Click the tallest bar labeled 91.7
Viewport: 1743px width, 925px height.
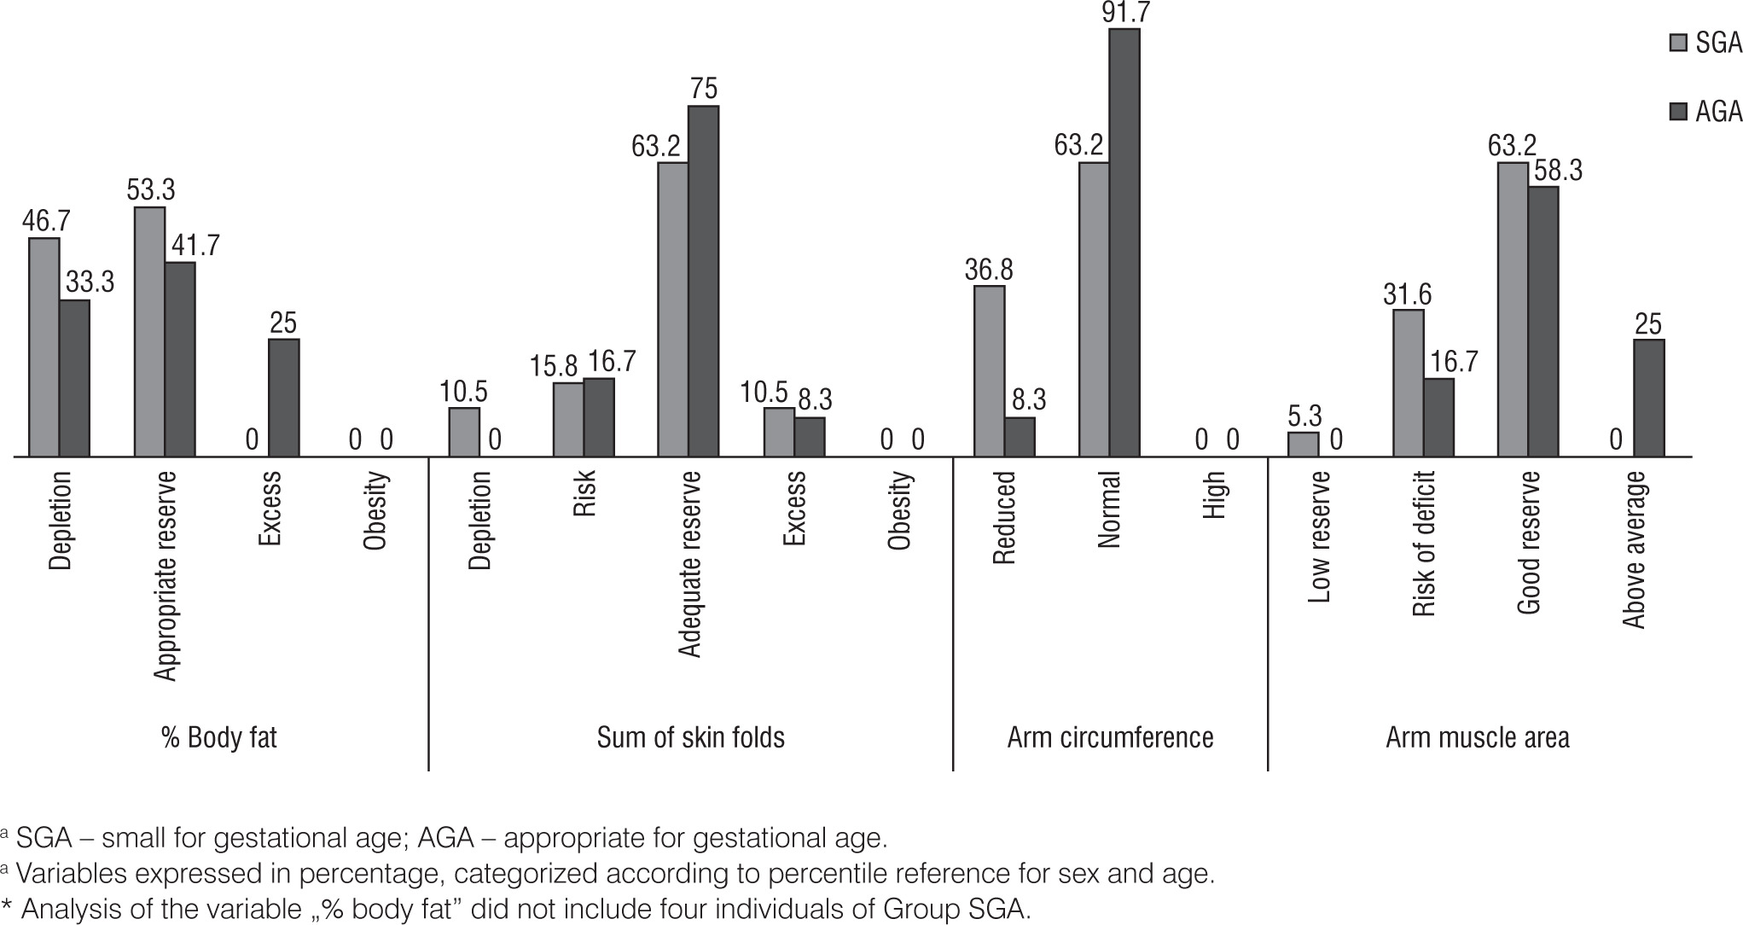(1124, 243)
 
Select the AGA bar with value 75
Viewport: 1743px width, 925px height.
(703, 282)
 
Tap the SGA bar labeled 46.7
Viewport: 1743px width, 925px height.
(44, 347)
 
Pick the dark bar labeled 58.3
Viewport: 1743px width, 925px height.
(1543, 322)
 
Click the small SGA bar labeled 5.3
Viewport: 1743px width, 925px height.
(1303, 445)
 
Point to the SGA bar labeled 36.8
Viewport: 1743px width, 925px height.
(989, 371)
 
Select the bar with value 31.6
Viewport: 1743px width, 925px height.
(1408, 383)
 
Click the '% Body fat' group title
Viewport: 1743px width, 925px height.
(219, 737)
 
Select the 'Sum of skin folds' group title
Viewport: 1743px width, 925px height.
(690, 737)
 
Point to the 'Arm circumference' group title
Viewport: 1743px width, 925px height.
(1110, 737)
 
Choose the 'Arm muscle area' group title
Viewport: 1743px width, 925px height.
(1477, 737)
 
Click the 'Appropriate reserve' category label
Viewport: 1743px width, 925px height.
(166, 576)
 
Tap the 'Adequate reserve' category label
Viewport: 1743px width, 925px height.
(690, 564)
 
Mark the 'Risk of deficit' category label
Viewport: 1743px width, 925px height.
(1424, 544)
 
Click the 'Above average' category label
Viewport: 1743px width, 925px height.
(1634, 550)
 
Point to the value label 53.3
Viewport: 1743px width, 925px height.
(151, 189)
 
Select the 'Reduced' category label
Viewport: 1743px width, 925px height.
(1004, 518)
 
